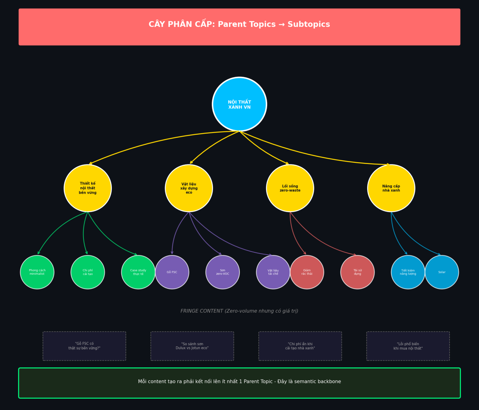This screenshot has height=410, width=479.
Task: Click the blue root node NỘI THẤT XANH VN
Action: [x=239, y=104]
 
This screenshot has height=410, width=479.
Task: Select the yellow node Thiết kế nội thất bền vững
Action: [x=88, y=188]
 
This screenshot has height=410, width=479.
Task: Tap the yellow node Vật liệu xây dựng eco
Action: [x=189, y=188]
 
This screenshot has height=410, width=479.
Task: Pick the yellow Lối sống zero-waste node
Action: [x=290, y=188]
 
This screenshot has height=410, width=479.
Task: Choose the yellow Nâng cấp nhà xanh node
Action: [x=391, y=188]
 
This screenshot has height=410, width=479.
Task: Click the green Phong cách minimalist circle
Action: [x=37, y=272]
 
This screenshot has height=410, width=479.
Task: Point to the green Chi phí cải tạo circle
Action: [x=88, y=272]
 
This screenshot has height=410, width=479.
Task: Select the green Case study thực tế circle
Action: [x=138, y=272]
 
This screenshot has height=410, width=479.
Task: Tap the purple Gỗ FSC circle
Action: [x=172, y=272]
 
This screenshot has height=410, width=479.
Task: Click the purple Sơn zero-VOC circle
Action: [x=222, y=272]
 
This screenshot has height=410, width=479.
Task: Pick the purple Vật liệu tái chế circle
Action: [x=273, y=272]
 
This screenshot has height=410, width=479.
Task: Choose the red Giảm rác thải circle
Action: [x=307, y=272]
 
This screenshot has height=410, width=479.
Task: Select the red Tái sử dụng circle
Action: [x=357, y=272]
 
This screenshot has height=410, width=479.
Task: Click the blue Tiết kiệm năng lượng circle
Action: [x=408, y=272]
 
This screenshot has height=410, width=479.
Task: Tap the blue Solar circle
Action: [x=442, y=272]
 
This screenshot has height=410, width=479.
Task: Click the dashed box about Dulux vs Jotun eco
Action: [x=192, y=346]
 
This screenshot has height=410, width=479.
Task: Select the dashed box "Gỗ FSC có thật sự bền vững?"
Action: [x=84, y=346]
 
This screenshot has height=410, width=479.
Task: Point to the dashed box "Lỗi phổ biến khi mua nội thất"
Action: [x=408, y=346]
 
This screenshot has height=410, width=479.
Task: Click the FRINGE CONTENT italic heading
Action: [x=239, y=311]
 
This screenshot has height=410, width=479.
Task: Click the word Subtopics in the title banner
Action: [x=309, y=24]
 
